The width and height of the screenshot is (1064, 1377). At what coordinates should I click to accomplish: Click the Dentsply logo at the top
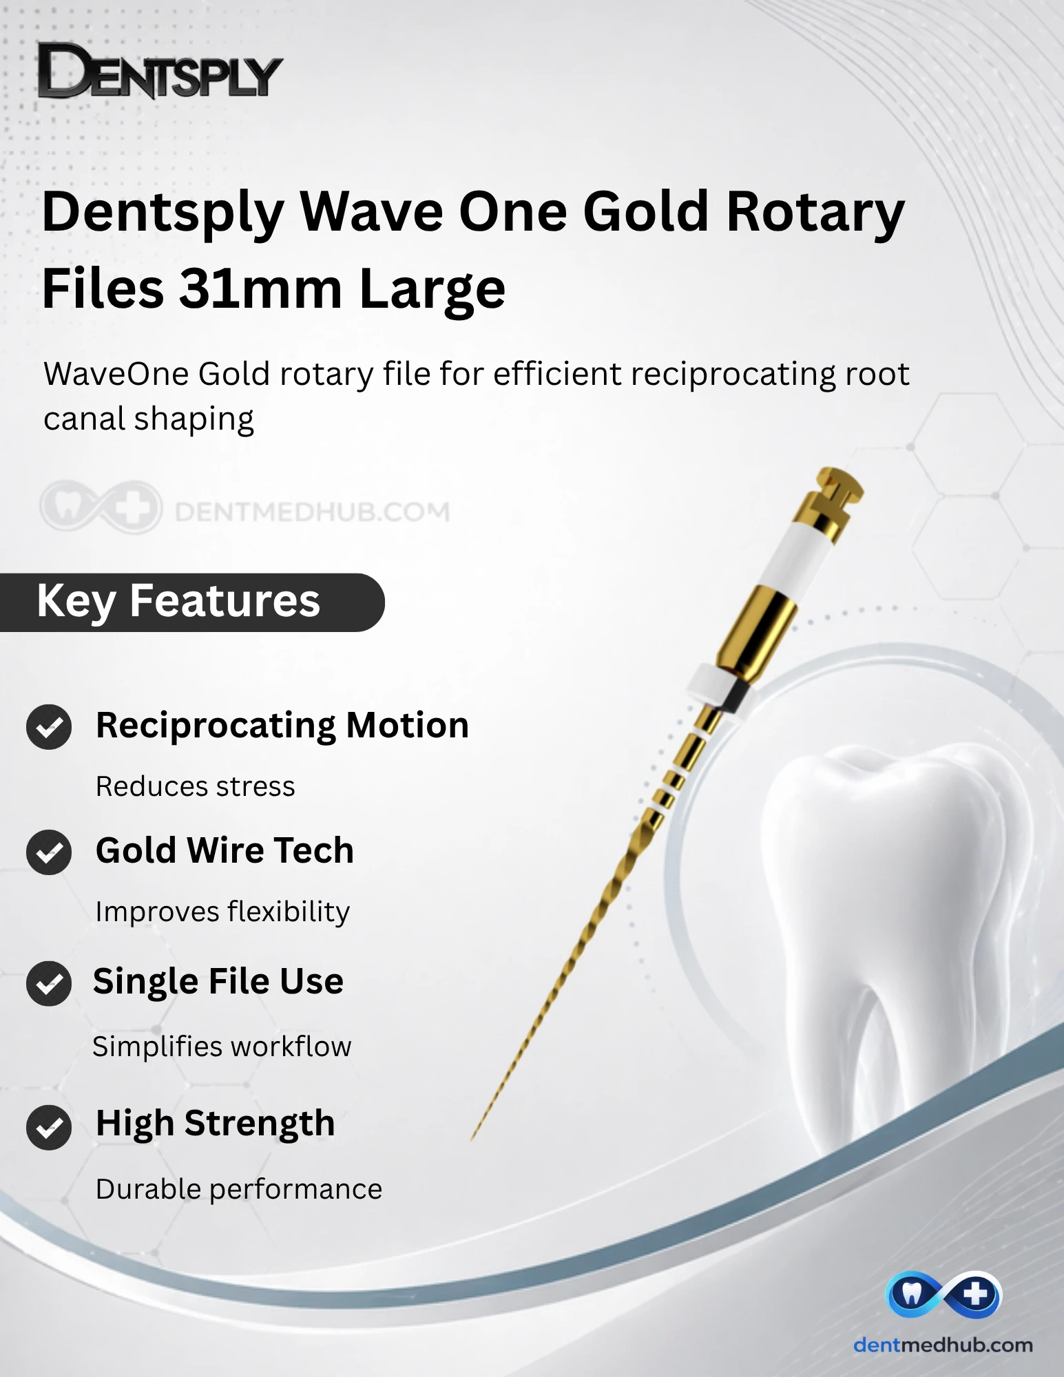[x=160, y=71]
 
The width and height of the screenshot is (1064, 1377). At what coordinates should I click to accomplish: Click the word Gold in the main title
[x=645, y=211]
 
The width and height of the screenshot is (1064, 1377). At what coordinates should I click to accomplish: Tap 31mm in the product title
[x=261, y=288]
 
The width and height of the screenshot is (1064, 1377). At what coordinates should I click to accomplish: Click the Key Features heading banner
[x=191, y=602]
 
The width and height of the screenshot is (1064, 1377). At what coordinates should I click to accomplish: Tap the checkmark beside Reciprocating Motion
[x=49, y=727]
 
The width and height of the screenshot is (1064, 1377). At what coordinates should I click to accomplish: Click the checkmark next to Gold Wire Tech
[x=49, y=852]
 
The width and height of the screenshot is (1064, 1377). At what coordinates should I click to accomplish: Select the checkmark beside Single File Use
[x=49, y=983]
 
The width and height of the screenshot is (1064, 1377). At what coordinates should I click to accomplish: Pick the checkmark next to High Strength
[x=49, y=1127]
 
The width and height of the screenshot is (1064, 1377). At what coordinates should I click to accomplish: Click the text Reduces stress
[x=196, y=786]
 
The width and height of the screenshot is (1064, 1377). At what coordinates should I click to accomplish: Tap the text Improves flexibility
[x=222, y=912]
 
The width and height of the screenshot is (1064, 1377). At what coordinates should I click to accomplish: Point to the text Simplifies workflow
[x=222, y=1047]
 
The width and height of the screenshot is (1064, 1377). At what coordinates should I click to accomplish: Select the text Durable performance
[x=239, y=1189]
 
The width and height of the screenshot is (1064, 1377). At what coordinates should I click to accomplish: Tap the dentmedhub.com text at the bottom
[x=943, y=1345]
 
